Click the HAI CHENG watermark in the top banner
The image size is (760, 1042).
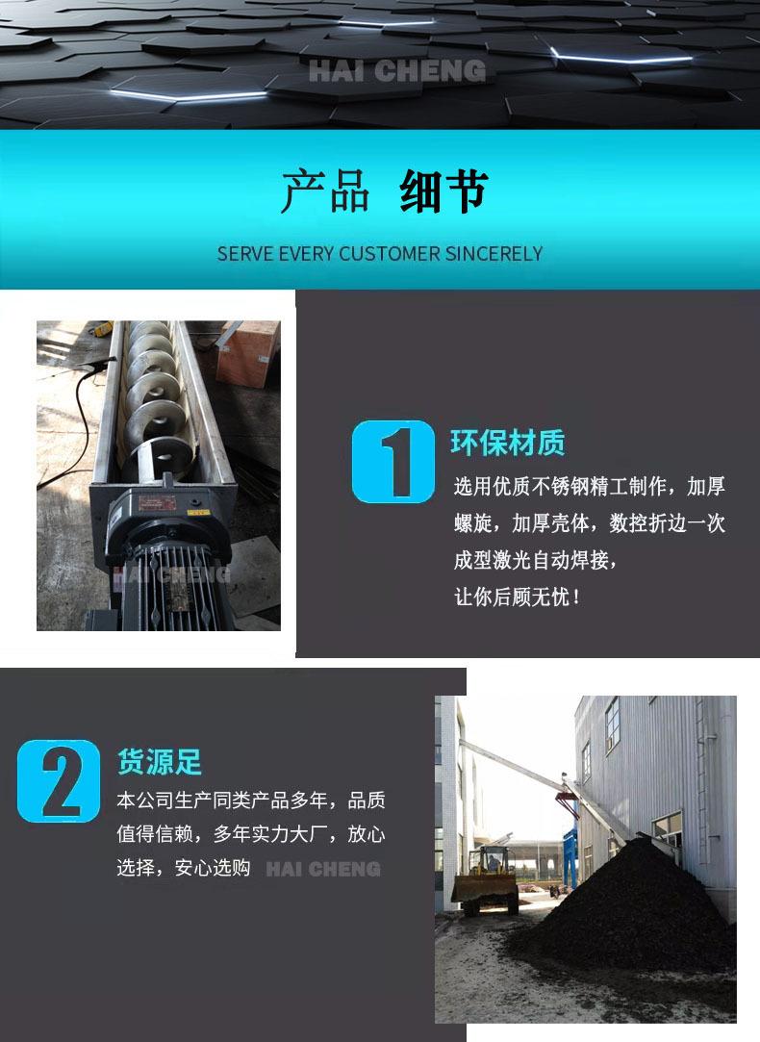396,70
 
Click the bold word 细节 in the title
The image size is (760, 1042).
443,191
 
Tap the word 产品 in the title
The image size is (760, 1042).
325,191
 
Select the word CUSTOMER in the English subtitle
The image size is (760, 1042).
389,254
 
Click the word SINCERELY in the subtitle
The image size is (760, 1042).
494,254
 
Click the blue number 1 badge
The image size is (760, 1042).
393,462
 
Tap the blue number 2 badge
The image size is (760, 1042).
59,780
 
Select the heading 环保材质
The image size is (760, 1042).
507,444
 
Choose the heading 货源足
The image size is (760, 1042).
160,762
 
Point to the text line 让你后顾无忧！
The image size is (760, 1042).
519,597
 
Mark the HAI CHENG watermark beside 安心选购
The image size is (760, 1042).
323,869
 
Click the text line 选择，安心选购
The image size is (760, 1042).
184,868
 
